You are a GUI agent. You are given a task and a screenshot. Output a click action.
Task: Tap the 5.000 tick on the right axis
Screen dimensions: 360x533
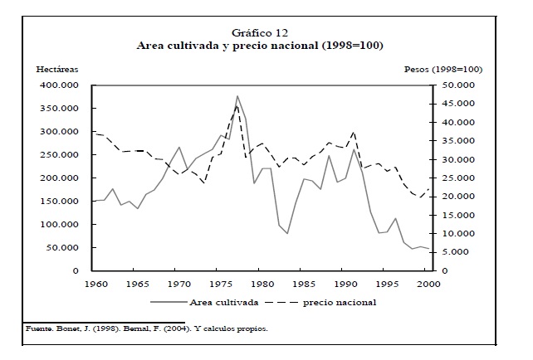pyautogui.click(x=456, y=253)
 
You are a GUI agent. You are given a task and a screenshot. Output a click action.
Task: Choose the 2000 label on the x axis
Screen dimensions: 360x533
pyautogui.click(x=428, y=285)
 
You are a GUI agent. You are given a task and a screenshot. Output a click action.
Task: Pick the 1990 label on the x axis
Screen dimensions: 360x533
pyautogui.click(x=345, y=285)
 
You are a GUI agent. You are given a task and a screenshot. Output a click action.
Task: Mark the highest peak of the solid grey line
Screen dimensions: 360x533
pyautogui.click(x=237, y=96)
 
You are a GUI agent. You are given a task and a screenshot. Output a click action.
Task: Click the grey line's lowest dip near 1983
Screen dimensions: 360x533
pyautogui.click(x=287, y=233)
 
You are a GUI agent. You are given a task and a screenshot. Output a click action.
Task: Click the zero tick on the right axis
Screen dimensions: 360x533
pyautogui.click(x=443, y=271)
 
